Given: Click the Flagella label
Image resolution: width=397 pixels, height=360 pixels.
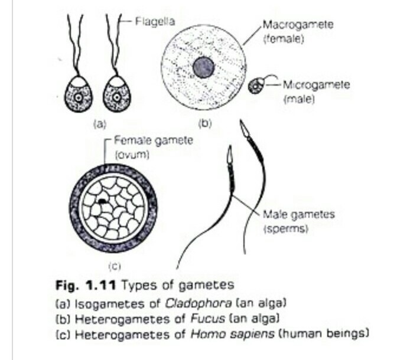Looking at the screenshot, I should [151, 22].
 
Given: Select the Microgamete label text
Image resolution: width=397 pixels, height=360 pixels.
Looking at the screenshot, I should [317, 85].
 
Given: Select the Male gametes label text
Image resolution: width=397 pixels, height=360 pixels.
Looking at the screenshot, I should [299, 214].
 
